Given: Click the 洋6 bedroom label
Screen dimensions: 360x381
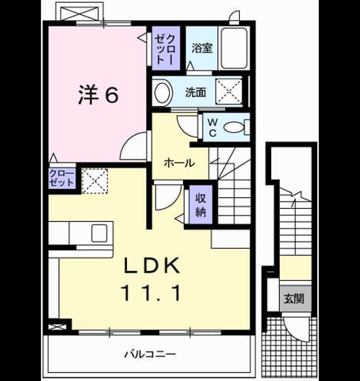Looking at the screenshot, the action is coord(98,95).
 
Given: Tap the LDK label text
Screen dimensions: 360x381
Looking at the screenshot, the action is coord(152,266).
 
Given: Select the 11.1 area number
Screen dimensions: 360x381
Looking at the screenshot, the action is coord(152,293).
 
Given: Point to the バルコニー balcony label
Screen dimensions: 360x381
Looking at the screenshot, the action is coord(150,354).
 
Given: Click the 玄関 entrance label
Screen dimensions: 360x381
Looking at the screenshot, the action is coord(294,299).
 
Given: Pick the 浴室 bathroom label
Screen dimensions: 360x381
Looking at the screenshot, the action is coord(202,48).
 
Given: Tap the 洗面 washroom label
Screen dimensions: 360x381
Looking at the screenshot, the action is coord(195,92).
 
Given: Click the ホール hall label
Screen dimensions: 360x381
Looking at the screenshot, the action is coord(179,163).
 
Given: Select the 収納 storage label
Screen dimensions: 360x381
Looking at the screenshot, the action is coord(201,205).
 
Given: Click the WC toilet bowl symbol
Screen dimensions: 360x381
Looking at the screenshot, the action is coord(234,127).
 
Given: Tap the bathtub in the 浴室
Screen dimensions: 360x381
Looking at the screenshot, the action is coord(234,48).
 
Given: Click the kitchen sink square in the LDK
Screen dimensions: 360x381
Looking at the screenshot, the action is coord(100,233).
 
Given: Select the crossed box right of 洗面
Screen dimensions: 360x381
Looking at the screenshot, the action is coord(229,91).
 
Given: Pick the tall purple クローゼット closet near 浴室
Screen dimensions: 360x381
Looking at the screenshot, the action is coord(166,48).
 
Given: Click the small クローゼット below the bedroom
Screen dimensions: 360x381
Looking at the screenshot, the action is coord(62,178).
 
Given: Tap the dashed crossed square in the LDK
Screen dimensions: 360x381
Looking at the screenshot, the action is coord(95,181).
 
